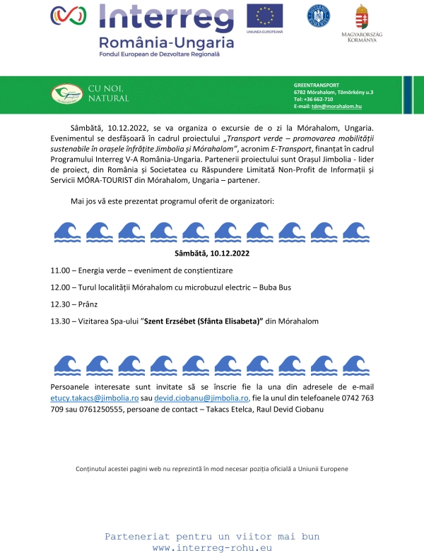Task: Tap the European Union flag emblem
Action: [x=264, y=15]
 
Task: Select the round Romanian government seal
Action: [x=318, y=16]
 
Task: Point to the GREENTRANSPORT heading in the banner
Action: [x=317, y=85]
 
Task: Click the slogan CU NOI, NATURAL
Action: [x=108, y=93]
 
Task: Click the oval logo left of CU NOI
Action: [x=67, y=93]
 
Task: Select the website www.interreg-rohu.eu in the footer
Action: [x=212, y=548]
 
